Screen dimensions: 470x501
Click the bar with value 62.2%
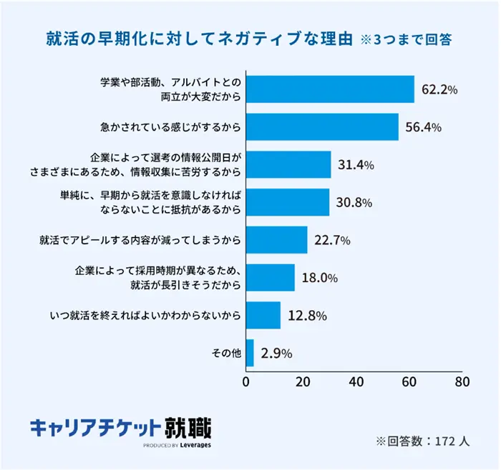[x=330, y=89]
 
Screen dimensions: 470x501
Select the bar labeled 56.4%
[x=322, y=127]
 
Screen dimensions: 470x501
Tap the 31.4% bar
[x=288, y=164]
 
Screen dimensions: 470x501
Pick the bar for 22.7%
[x=276, y=240]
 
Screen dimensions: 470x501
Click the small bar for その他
[x=250, y=353]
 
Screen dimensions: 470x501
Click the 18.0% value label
[x=318, y=278]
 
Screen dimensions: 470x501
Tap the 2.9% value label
[x=276, y=353]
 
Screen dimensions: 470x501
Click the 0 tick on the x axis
[x=246, y=381]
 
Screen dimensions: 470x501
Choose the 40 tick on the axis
[x=356, y=381]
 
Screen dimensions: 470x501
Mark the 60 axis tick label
[x=409, y=381]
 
